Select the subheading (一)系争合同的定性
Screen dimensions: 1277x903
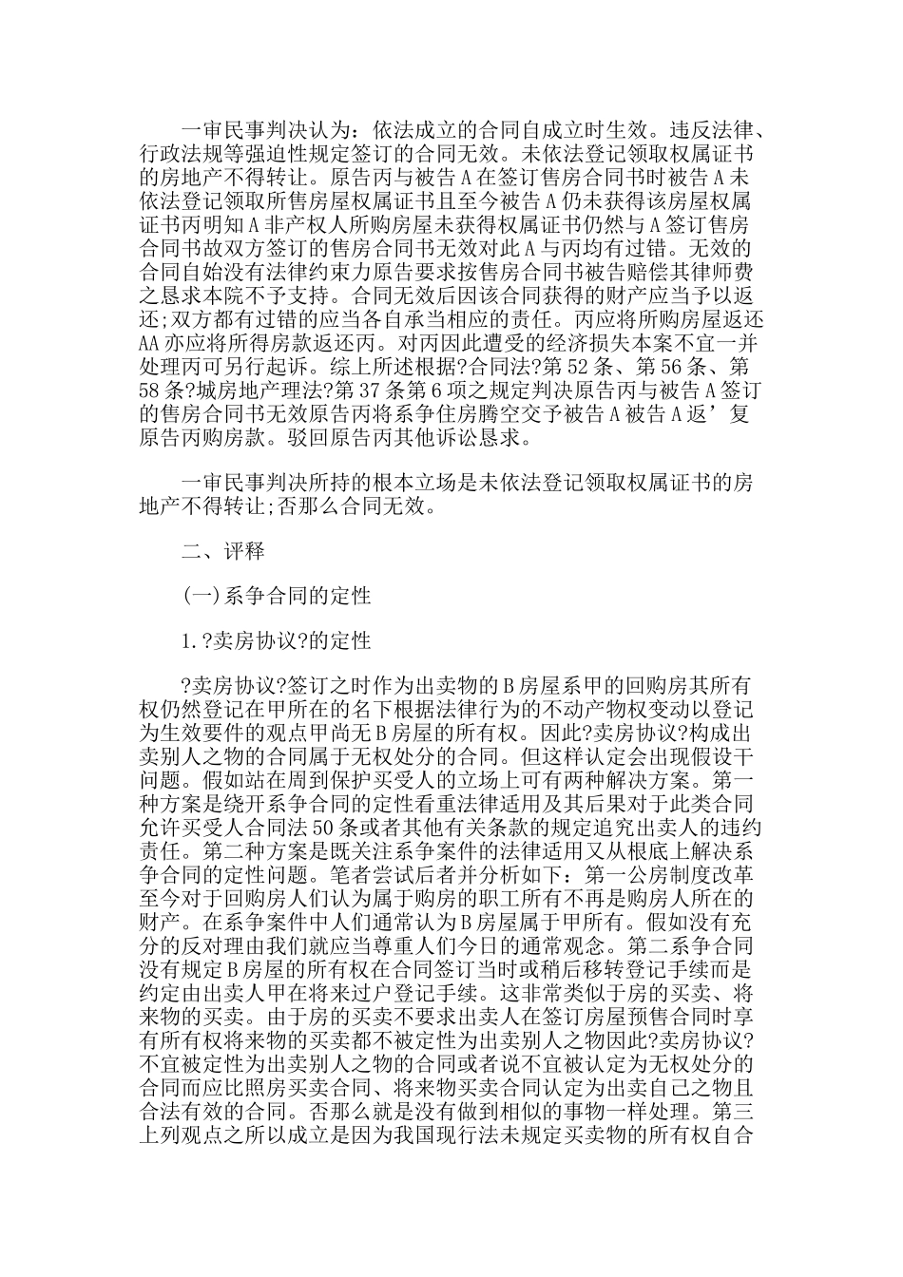pyautogui.click(x=276, y=596)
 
